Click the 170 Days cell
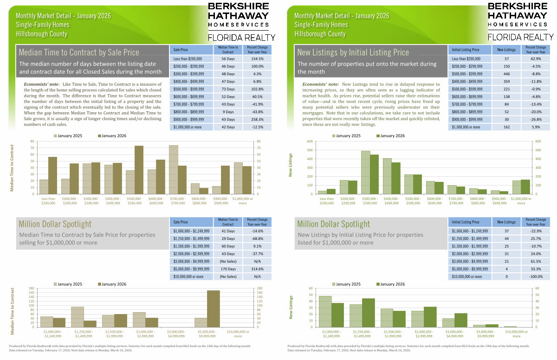point(228,268)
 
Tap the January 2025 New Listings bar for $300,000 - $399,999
point(365,172)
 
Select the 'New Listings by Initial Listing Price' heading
point(353,52)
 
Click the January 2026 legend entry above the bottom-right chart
point(390,284)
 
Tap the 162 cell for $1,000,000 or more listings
point(506,127)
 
